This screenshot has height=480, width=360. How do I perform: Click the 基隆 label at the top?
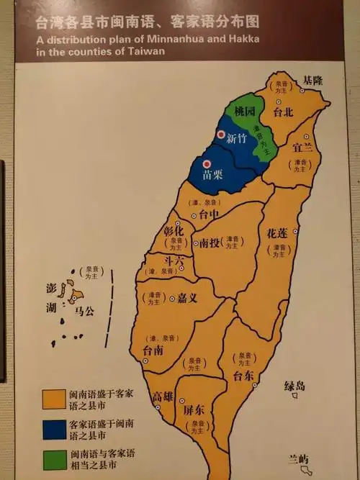coord(313,81)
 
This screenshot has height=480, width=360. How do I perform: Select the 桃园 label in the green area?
coord(245,112)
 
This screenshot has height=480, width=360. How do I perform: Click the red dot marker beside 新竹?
coord(220,135)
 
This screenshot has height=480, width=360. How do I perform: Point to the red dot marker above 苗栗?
coord(207,164)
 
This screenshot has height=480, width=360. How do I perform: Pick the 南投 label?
coord(210,243)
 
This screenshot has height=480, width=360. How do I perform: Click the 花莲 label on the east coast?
coord(277,234)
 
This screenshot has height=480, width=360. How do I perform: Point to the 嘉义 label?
coord(191,297)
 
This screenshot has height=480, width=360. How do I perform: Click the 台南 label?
coord(153,350)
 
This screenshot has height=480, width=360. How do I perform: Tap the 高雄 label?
coord(163,397)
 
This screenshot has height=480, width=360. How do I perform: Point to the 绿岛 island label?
coord(294,386)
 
